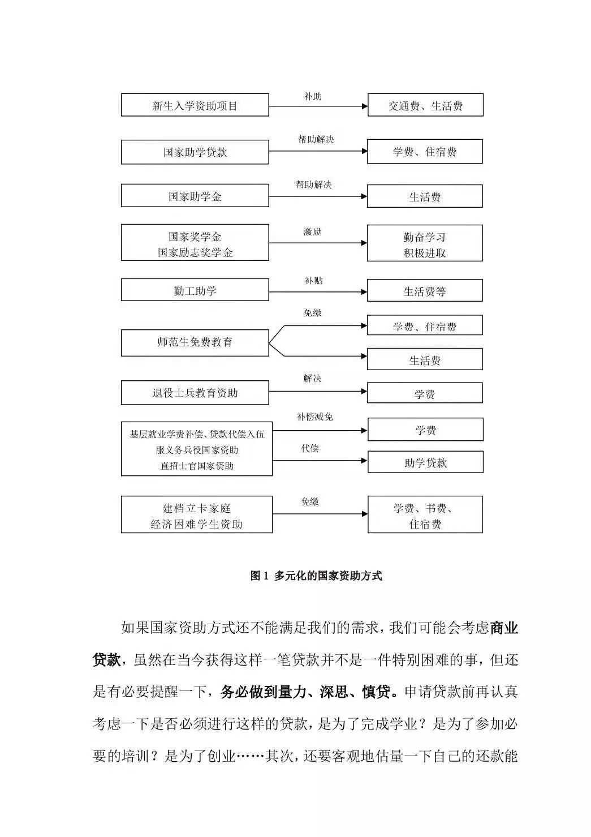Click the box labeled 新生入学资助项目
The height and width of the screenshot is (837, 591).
tap(195, 106)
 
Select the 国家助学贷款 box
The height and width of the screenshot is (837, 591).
tap(195, 152)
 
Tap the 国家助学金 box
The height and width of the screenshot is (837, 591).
tap(195, 196)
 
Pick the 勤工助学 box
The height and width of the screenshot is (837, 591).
tap(195, 291)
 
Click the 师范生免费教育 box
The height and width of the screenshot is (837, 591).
tap(195, 342)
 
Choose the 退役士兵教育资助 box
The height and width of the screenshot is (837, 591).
tap(195, 393)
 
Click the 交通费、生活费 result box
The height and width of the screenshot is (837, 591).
tap(425, 106)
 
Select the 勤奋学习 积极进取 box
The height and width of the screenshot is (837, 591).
tap(425, 244)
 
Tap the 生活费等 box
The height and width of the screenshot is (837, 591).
tap(425, 291)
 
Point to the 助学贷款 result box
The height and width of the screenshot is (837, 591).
tap(425, 462)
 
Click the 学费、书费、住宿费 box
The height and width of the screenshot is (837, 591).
tap(425, 515)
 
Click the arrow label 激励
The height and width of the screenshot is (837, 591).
tap(313, 232)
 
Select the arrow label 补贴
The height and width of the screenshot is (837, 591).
tap(314, 281)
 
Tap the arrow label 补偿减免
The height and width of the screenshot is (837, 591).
tap(315, 417)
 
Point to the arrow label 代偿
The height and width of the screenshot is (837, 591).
tap(310, 449)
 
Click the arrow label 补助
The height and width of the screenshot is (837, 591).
tap(313, 97)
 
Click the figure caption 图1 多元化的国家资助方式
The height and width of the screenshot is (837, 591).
tap(316, 576)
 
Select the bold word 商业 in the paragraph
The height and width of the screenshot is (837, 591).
tap(504, 628)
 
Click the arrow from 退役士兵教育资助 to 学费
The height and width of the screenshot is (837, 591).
tap(317, 392)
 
